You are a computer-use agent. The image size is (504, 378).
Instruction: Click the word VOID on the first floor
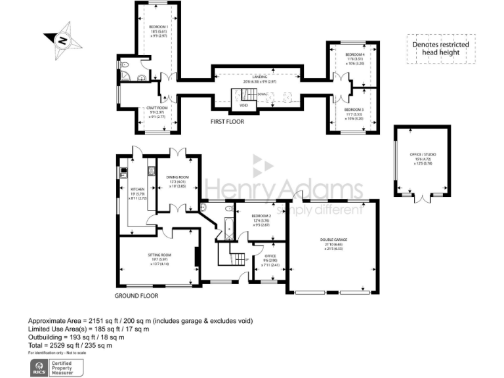click(243, 104)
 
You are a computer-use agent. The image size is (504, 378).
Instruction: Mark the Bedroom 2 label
click(261, 216)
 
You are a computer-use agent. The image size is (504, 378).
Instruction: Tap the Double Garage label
click(333, 240)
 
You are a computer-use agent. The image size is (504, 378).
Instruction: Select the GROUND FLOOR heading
click(136, 295)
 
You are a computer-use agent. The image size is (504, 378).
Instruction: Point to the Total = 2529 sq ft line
click(70, 345)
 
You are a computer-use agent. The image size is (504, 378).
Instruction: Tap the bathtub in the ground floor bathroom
click(228, 224)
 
